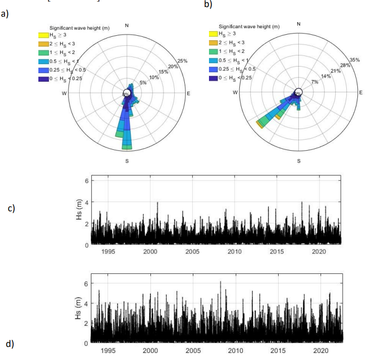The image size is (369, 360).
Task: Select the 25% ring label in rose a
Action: [182, 61]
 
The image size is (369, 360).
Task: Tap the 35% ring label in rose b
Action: [354, 60]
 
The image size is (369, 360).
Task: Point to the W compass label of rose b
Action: [235, 93]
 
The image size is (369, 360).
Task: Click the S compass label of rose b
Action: [298, 160]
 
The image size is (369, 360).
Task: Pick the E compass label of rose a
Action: [189, 93]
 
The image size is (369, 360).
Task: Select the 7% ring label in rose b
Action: [314, 82]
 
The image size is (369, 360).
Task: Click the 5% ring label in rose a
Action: [143, 83]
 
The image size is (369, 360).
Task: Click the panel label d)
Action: [9, 344]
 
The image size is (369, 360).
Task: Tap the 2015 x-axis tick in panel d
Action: [278, 350]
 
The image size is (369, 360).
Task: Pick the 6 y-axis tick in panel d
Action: [86, 284]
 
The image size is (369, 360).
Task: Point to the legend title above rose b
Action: [249, 26]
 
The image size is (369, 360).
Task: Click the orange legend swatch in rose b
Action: [213, 43]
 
